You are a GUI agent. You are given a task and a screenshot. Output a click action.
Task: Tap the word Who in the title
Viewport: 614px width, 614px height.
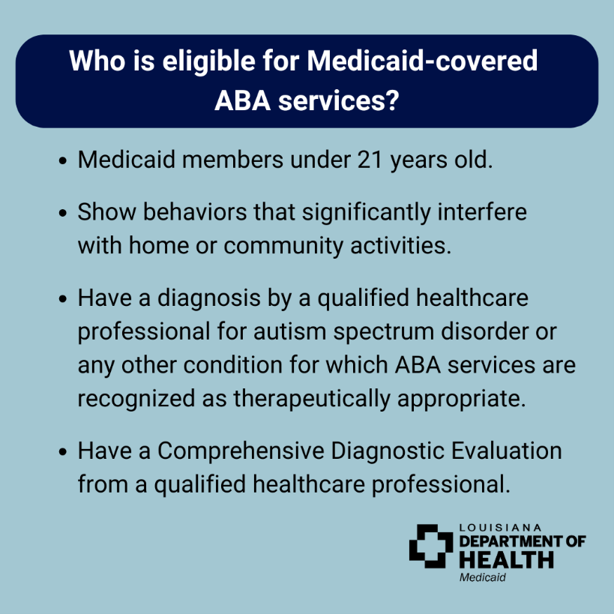94,61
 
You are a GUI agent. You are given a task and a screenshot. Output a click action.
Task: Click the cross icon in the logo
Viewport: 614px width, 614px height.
431,546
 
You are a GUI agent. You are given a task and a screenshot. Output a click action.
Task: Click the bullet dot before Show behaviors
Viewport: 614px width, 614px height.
63,213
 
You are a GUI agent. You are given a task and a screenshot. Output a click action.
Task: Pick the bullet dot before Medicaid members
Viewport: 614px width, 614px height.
63,161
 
